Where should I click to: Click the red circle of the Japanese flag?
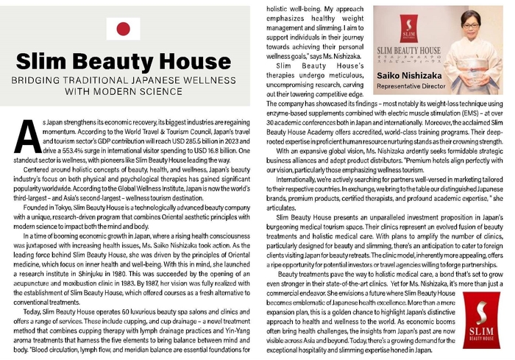pos(123,29)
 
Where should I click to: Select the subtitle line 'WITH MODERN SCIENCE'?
pos(123,91)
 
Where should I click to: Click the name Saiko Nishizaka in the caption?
pos(408,75)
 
